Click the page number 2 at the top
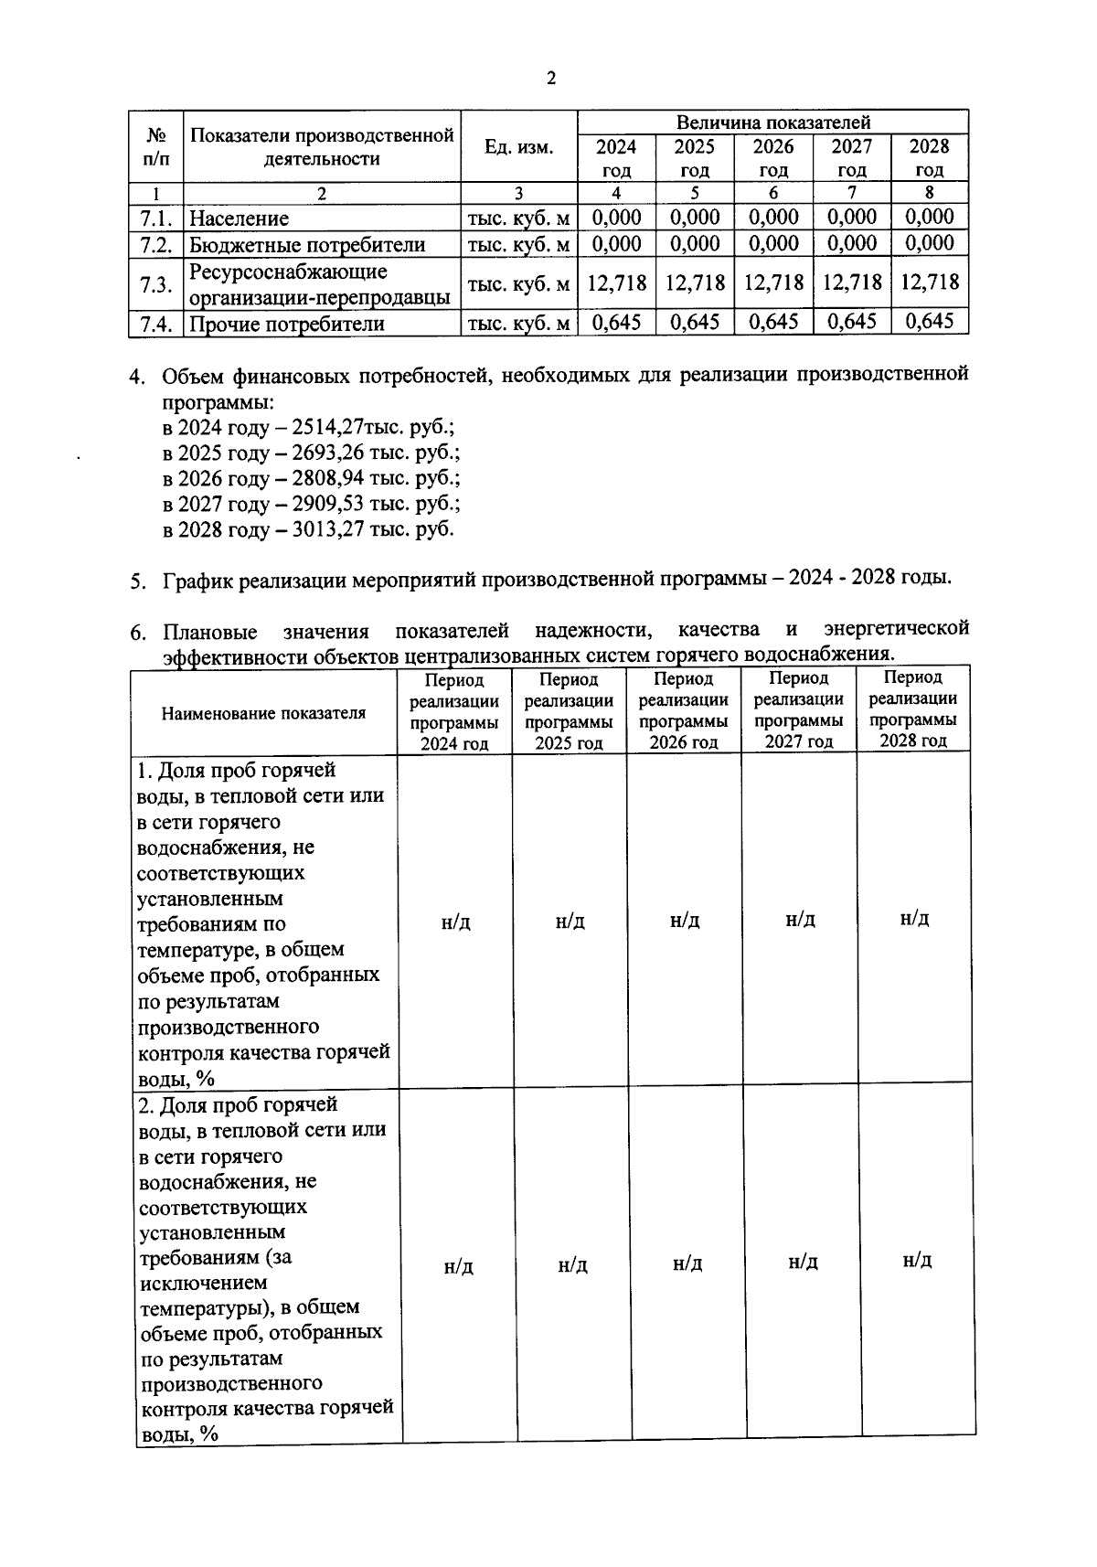(x=550, y=78)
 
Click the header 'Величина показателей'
(x=772, y=123)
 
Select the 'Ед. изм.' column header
(x=518, y=147)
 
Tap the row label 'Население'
(x=239, y=219)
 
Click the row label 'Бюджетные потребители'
(x=307, y=245)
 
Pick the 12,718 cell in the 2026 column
(x=773, y=282)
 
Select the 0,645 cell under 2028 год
(x=929, y=322)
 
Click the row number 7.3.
(x=156, y=284)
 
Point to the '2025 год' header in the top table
(x=695, y=157)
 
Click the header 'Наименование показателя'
(x=263, y=713)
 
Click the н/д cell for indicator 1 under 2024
(x=455, y=922)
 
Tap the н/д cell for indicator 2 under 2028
(x=917, y=1261)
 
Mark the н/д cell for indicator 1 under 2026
(x=685, y=921)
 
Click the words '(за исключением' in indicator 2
(x=215, y=1270)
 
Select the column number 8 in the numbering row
(x=929, y=193)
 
